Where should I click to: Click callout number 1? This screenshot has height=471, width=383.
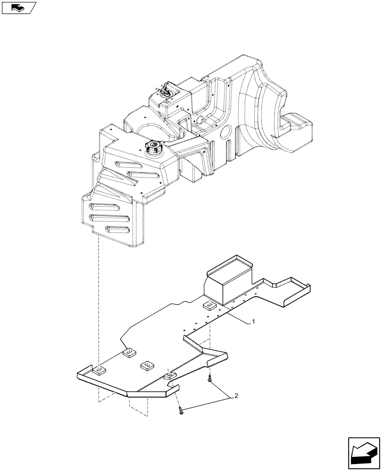(x=253, y=322)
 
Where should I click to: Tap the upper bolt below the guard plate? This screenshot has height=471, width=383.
(x=209, y=380)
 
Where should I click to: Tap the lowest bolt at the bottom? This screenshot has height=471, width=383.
(x=181, y=412)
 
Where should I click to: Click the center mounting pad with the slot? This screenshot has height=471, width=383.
(x=147, y=365)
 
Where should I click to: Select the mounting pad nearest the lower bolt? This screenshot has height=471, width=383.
(x=169, y=376)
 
